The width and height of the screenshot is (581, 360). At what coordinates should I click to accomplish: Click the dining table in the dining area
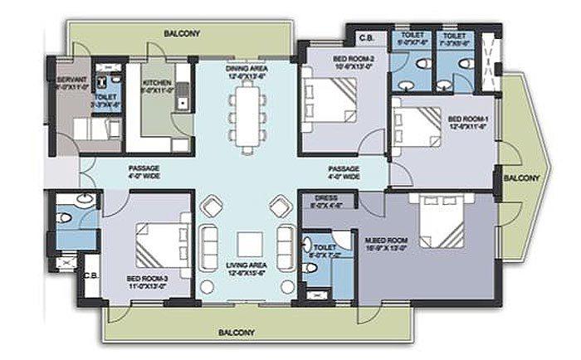click(x=244, y=118)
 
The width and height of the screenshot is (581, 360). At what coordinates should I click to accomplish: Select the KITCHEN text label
click(x=157, y=84)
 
